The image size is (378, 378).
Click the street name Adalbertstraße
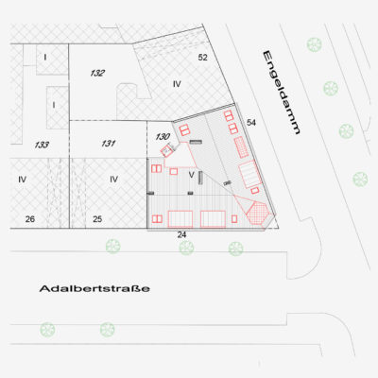(94, 288)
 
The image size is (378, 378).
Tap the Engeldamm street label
(281, 93)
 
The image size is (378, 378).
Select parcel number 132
(97, 74)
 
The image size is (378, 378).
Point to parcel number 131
(109, 144)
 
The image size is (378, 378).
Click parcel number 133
(42, 145)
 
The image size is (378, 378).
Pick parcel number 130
(163, 137)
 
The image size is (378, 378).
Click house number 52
(203, 58)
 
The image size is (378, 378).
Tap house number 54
(251, 123)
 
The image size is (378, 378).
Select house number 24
(181, 235)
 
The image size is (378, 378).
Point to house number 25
(97, 219)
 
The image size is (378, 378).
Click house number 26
(30, 219)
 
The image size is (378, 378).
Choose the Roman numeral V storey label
(191, 175)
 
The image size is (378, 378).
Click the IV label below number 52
(177, 84)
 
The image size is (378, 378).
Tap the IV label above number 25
(113, 180)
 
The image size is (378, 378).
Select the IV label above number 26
(22, 180)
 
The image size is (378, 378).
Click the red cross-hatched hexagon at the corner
(258, 213)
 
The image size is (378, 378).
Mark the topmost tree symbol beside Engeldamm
(314, 44)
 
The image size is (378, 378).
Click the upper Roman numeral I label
(45, 58)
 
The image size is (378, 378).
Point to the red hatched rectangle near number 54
(242, 147)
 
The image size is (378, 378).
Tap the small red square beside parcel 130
(166, 151)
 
